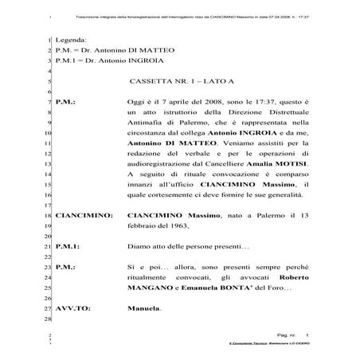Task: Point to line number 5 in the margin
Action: coord(50,82)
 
